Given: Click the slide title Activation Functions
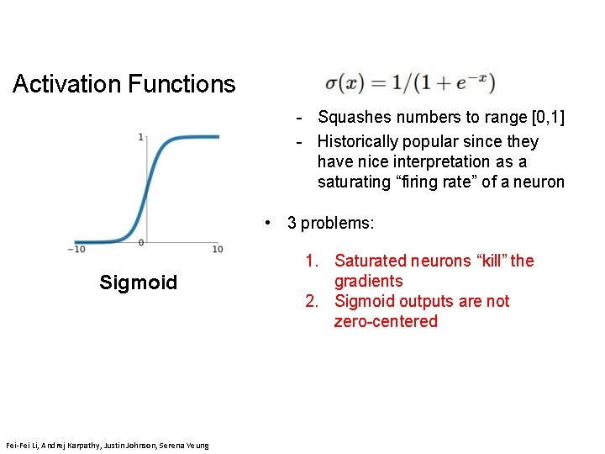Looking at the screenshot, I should (124, 84).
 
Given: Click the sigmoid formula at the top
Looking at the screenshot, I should (409, 84).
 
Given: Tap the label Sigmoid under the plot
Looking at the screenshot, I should (138, 282).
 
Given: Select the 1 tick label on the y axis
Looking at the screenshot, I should (141, 137).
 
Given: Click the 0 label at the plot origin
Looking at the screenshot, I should (141, 243).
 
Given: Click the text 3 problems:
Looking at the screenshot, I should (330, 223).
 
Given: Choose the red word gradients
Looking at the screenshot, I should (368, 281).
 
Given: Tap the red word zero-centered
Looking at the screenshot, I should (386, 321).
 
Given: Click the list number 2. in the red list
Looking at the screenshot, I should (311, 301).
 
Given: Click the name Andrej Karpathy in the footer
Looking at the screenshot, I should (64, 445).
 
